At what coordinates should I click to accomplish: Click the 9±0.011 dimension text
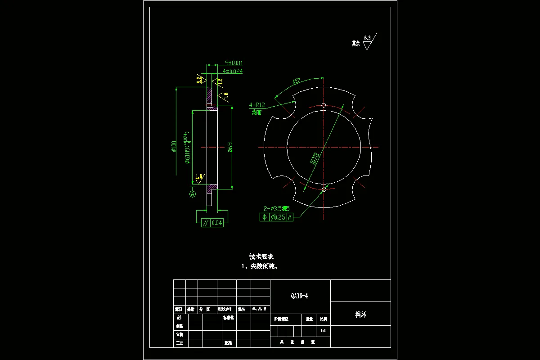234,63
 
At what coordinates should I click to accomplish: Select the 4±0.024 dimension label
233,71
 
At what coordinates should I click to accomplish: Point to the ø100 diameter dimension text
174,147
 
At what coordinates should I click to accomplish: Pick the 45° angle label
296,82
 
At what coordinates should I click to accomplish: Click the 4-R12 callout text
257,105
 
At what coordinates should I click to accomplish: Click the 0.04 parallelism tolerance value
217,223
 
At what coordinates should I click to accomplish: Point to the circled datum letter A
193,194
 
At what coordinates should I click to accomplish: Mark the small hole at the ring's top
324,105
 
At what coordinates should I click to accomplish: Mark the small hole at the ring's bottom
324,189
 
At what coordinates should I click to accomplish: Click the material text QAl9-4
300,296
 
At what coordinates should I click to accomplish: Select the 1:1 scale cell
323,331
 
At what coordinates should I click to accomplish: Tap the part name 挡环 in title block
360,315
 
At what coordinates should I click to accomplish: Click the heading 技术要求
261,256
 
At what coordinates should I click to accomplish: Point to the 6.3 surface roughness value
368,39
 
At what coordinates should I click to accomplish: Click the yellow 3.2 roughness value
199,80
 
